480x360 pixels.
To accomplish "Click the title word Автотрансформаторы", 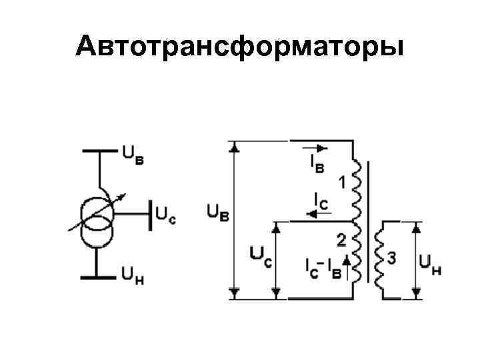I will [239, 47].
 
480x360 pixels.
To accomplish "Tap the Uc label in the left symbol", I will [165, 215].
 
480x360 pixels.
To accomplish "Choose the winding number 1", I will [341, 181].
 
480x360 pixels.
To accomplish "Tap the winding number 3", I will [391, 259].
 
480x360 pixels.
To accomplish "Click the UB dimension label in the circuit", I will [217, 213].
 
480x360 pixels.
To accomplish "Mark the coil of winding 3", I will [379, 259].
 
